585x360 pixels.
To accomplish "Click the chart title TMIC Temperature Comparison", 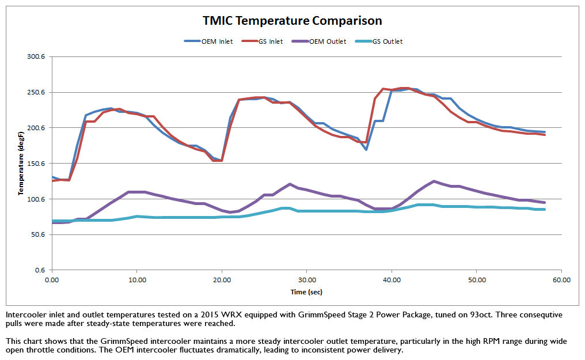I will point(292,21).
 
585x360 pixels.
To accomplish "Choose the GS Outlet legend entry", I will point(386,41).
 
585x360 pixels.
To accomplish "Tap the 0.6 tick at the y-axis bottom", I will point(40,270).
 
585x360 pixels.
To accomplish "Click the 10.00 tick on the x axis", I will point(136,280).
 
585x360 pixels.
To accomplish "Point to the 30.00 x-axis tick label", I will point(306,280).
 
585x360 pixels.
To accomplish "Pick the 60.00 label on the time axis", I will point(561,280).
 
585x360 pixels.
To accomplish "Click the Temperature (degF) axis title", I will point(20,164).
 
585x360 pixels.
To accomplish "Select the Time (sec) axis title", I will point(306,292).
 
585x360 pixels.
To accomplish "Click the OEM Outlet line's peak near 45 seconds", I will point(434,181).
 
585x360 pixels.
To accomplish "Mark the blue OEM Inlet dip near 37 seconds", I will point(366,150).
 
